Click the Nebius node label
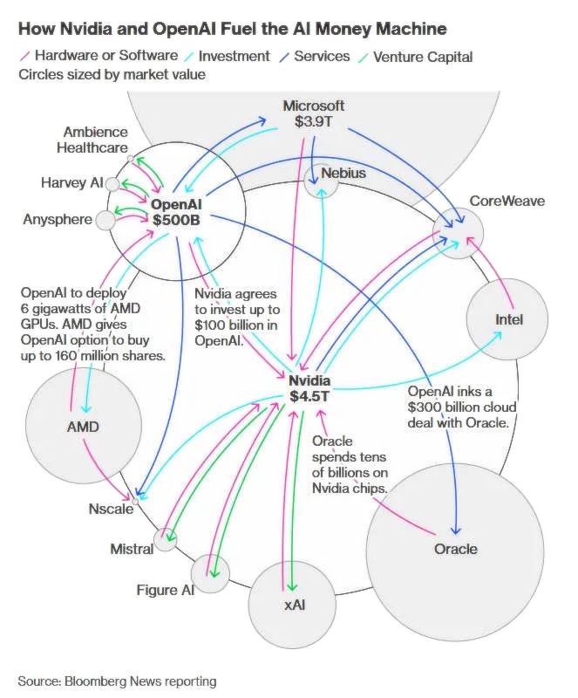pos(343,173)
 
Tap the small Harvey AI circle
pos(112,184)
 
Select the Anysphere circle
pos(105,221)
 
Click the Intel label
pos(508,319)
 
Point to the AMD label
pos(83,427)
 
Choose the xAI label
pos(294,605)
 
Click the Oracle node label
pos(455,549)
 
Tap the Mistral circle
pos(165,539)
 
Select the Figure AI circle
pos(210,574)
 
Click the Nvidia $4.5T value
pos(309,396)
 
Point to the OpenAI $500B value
pos(176,220)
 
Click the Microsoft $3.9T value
pos(313,121)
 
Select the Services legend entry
pos(315,57)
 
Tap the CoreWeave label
pos(507,201)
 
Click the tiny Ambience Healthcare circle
pos(130,159)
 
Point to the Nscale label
pos(111,509)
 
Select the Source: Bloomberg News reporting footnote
pos(117,681)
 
